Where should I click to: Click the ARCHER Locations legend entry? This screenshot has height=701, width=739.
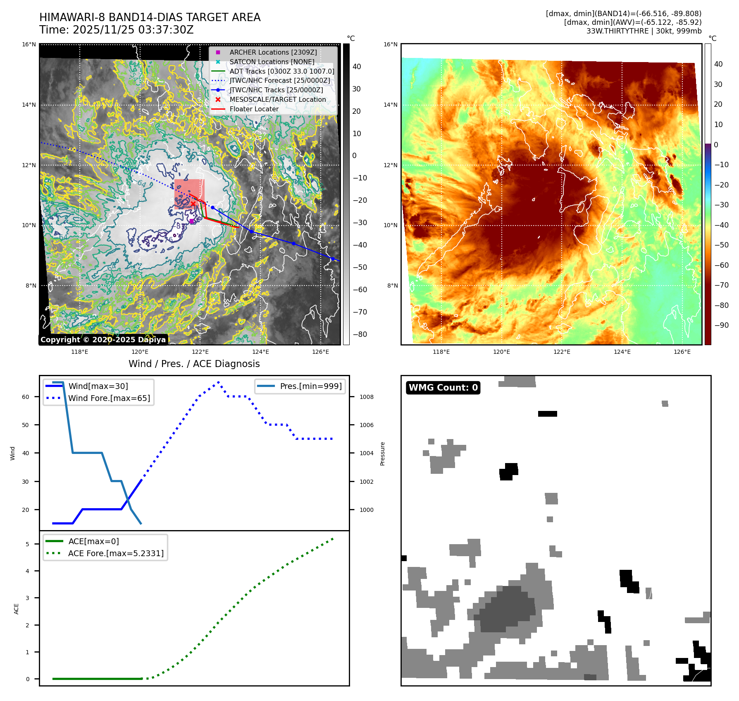[273, 52]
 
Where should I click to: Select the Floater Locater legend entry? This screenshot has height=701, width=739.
[254, 109]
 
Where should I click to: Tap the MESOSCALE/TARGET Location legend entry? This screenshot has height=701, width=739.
[277, 99]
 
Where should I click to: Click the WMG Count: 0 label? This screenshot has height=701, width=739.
[443, 387]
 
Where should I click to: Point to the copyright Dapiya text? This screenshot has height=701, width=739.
[103, 340]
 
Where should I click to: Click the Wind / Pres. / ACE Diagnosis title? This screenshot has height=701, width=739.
[194, 364]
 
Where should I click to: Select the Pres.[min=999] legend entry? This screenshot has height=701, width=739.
[310, 386]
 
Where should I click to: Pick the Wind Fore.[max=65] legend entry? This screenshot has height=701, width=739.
[109, 398]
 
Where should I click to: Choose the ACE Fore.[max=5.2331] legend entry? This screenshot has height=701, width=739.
[116, 553]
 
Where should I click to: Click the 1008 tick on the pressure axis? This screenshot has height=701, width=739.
[366, 397]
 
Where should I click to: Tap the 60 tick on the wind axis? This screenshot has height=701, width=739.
[26, 397]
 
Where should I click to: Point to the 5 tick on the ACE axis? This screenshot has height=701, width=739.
[27, 544]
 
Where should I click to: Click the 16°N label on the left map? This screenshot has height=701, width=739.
[29, 44]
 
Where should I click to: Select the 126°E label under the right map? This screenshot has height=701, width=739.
[682, 352]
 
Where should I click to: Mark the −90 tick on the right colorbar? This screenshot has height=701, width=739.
[722, 325]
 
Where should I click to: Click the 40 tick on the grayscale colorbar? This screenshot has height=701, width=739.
[357, 67]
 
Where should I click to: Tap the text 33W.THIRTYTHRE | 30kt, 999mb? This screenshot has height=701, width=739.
[644, 31]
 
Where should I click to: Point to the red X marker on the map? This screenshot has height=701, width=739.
[193, 203]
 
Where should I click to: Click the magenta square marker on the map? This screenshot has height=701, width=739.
[192, 221]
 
